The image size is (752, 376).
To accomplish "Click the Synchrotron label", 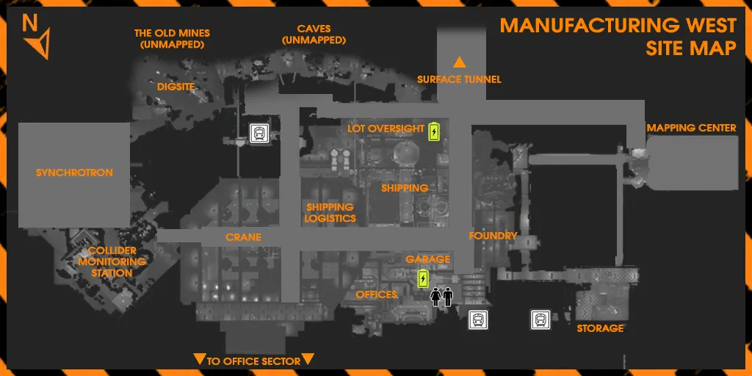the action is pyautogui.click(x=74, y=173).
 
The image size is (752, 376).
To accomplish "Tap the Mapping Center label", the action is pyautogui.click(x=691, y=128).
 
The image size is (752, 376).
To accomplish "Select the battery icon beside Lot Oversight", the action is pyautogui.click(x=434, y=131).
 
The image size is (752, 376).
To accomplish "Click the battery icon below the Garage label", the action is pyautogui.click(x=423, y=278).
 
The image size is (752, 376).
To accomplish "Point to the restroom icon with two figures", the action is pyautogui.click(x=441, y=297).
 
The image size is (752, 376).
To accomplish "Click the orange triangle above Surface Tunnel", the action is pyautogui.click(x=460, y=62).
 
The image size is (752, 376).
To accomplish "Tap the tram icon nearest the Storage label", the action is pyautogui.click(x=540, y=320).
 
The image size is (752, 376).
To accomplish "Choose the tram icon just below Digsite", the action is pyautogui.click(x=259, y=133).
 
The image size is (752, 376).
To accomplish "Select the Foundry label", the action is pyautogui.click(x=493, y=236).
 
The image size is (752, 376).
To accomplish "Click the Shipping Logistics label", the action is pyautogui.click(x=331, y=213).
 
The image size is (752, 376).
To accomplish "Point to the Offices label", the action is pyautogui.click(x=377, y=294).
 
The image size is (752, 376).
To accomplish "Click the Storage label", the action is pyautogui.click(x=600, y=328).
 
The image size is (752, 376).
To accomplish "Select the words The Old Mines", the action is pyautogui.click(x=172, y=34).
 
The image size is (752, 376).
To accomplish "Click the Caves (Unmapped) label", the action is pyautogui.click(x=314, y=35).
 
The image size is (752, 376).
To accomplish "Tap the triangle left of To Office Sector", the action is pyautogui.click(x=199, y=358).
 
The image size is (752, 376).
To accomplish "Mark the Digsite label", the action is pyautogui.click(x=176, y=87).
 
